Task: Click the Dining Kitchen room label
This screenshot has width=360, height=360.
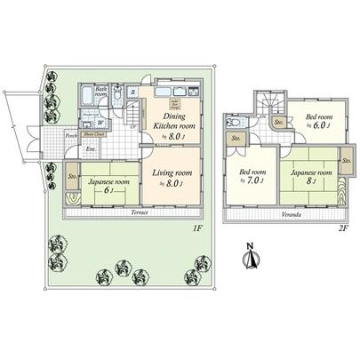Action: coord(173,117)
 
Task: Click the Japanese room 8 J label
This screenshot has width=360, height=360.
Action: coord(312,176)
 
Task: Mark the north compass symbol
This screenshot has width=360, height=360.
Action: coord(252,259)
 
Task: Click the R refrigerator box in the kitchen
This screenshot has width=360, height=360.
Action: coord(132,92)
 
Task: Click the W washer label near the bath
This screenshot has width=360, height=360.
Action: coord(100,124)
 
